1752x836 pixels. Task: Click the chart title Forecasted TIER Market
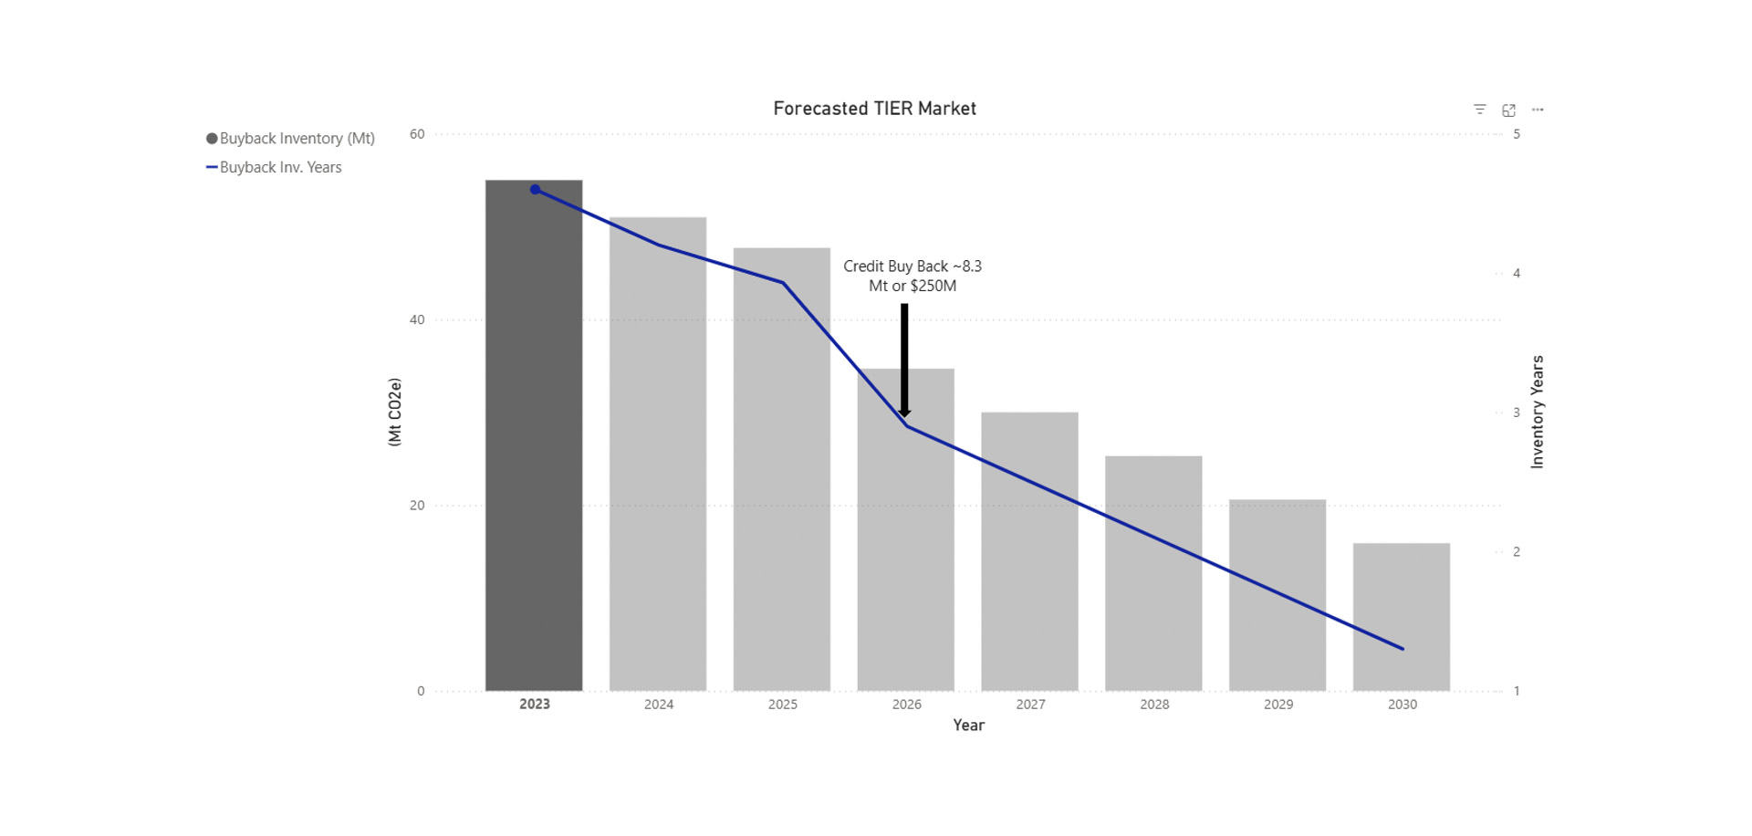874,109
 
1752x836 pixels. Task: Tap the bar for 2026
905,548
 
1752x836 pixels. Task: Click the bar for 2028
1153,575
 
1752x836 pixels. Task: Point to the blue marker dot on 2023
536,190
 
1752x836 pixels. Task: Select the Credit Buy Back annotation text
912,276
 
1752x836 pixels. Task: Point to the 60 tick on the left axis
417,134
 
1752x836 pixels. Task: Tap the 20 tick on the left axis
417,506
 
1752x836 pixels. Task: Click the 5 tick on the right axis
1517,134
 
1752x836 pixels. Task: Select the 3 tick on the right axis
1517,413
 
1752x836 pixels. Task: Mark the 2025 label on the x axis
783,705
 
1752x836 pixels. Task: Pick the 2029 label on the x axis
1278,705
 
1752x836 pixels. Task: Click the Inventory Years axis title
1538,413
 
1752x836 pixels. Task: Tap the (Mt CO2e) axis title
395,413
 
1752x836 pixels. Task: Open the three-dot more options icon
1538,110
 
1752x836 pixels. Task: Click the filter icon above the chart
1480,110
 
